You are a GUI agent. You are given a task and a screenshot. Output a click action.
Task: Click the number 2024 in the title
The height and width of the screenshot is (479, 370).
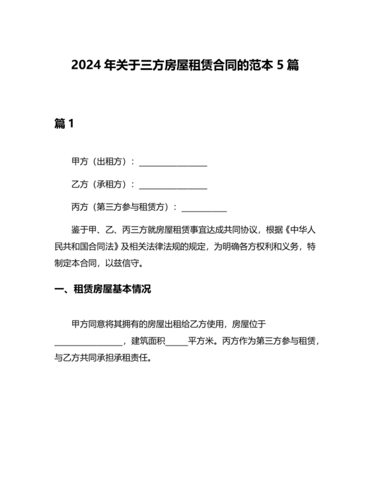coord(85,67)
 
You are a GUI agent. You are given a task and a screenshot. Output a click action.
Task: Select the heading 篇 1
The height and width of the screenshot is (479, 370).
coord(63,124)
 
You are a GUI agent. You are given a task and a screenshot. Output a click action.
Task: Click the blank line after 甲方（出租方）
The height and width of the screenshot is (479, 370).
coord(173,163)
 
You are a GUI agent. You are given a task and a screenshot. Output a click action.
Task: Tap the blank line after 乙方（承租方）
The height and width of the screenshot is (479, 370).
coord(173,186)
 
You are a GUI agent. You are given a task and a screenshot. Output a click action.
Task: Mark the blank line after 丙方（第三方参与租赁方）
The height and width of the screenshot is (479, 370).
coord(204,208)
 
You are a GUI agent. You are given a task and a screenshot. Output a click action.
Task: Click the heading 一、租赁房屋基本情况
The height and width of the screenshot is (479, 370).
coord(103,289)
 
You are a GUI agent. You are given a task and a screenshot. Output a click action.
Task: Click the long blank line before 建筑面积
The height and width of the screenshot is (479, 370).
coord(88,343)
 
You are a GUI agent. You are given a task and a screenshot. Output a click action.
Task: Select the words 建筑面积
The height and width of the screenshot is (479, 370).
coord(147,341)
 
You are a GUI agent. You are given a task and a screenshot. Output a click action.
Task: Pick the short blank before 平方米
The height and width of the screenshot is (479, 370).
coord(176,343)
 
